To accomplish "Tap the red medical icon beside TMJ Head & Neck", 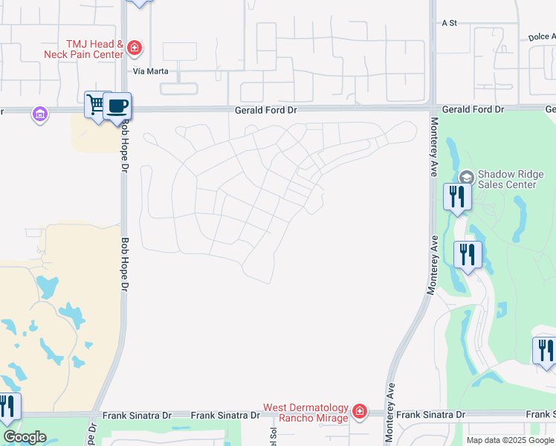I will pyautogui.click(x=135, y=48).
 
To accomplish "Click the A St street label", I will pyautogui.click(x=448, y=23).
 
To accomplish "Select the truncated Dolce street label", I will pyautogui.click(x=542, y=36).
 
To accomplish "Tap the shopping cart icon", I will pyautogui.click(x=96, y=104).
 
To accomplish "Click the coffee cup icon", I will pyautogui.click(x=117, y=105).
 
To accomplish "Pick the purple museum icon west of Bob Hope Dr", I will pyautogui.click(x=39, y=114).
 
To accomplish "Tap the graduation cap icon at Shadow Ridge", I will pyautogui.click(x=466, y=177).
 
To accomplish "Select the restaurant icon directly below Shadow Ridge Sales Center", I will pyautogui.click(x=456, y=196).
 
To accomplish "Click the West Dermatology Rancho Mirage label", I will pyautogui.click(x=306, y=413).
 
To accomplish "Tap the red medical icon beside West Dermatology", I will pyautogui.click(x=360, y=411).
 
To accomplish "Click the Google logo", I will pyautogui.click(x=25, y=437).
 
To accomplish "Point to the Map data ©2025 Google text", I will pyautogui.click(x=509, y=440).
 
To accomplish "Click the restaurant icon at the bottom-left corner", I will pyautogui.click(x=7, y=406).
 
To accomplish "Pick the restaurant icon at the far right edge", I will pyautogui.click(x=546, y=350).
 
